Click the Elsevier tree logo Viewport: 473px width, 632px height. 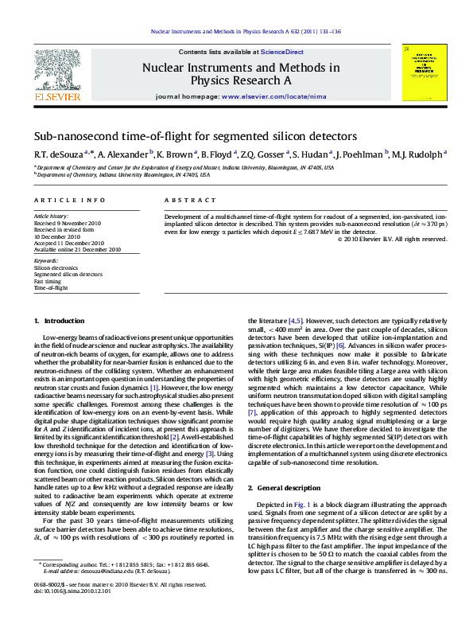[57, 72]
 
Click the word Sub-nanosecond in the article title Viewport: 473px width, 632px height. [70, 137]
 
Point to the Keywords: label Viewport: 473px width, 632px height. [46, 261]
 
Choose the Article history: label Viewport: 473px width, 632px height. [51, 216]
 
